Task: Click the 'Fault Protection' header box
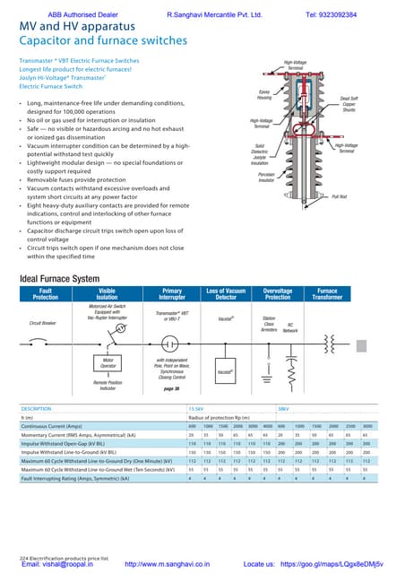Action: click(x=45, y=295)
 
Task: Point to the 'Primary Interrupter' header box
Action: click(x=171, y=295)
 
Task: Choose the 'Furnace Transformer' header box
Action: click(x=327, y=295)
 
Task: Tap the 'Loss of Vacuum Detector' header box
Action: click(x=226, y=295)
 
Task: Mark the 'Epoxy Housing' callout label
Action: click(x=264, y=95)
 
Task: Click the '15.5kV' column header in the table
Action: click(x=196, y=408)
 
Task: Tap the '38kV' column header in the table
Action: click(x=283, y=408)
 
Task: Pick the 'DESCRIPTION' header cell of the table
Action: click(x=37, y=408)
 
